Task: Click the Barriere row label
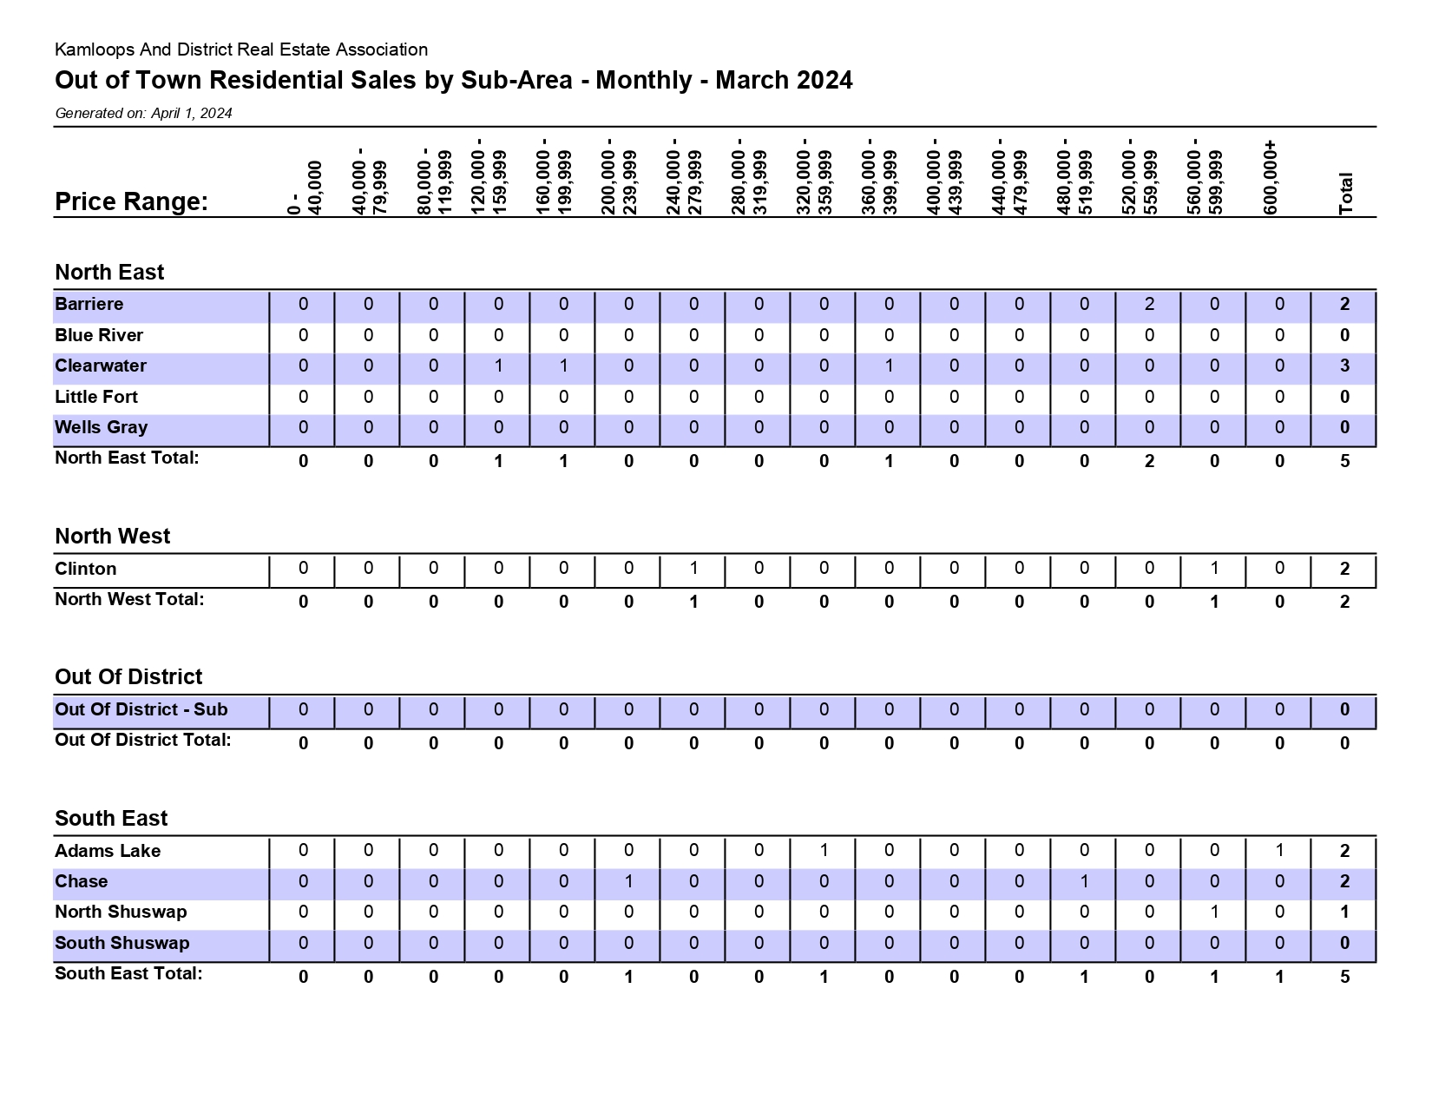tap(89, 304)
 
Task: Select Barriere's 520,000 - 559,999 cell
tap(1149, 304)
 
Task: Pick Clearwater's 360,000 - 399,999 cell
tap(889, 366)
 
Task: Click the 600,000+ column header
tap(1271, 178)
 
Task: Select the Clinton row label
tap(86, 569)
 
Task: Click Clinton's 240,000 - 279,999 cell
tap(694, 569)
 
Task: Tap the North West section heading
tap(113, 536)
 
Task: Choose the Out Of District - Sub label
tap(141, 709)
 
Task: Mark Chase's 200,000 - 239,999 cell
tap(628, 881)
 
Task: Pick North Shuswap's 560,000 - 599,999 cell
tap(1214, 912)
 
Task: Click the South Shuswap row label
tap(122, 943)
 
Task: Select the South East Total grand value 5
tap(1345, 977)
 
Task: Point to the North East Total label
tap(128, 458)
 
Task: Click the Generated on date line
tap(144, 114)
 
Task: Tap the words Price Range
tap(131, 201)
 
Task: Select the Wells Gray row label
tap(101, 427)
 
